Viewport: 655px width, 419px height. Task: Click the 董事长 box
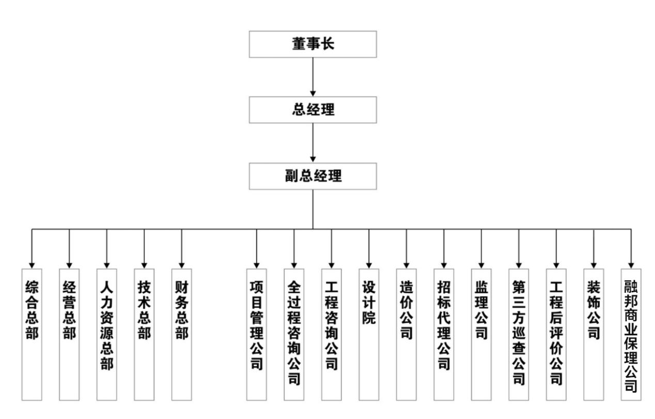[x=313, y=44]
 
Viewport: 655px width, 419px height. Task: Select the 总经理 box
[x=313, y=110]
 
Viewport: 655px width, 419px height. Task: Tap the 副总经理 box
[x=313, y=176]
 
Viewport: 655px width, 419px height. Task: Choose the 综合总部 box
[x=32, y=334]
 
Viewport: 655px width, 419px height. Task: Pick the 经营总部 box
[x=69, y=334]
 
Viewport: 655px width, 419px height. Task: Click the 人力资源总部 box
[x=106, y=334]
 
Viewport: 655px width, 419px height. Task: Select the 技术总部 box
[x=144, y=334]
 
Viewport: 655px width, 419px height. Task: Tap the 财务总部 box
[x=181, y=334]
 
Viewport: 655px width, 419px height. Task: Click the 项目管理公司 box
[x=256, y=334]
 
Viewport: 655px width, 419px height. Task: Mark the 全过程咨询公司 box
[x=294, y=334]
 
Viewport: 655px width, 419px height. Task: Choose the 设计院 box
[x=369, y=334]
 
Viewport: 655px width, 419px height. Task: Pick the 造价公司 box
[x=406, y=334]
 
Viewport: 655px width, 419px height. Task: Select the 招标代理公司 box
[x=444, y=334]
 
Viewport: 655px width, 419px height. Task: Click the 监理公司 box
[x=481, y=334]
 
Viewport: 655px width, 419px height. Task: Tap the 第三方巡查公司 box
[x=519, y=334]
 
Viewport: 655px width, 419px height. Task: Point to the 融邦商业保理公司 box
[x=631, y=334]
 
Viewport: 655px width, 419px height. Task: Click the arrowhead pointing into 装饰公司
[x=594, y=264]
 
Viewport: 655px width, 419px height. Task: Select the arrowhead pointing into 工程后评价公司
[x=556, y=264]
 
